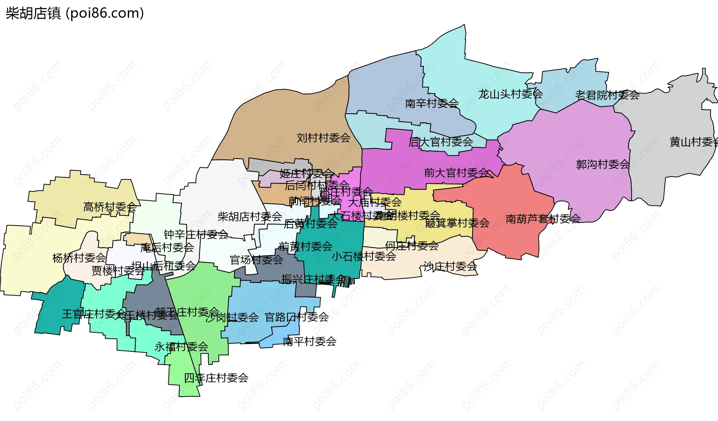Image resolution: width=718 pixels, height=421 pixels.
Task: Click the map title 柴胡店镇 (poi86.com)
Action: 75,13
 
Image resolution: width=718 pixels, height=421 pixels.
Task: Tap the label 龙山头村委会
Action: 510,94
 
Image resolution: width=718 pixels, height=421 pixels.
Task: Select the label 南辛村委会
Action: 432,103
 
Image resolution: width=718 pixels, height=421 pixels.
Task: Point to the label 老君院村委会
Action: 607,95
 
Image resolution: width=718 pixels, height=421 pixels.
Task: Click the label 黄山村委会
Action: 694,142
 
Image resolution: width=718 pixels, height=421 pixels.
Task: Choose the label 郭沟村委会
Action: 603,164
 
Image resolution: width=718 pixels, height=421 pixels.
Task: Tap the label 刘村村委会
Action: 323,138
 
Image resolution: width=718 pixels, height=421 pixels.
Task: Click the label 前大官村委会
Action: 456,173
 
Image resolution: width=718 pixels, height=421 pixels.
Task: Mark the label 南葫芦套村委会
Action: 543,219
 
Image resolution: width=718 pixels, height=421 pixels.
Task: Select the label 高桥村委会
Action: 110,207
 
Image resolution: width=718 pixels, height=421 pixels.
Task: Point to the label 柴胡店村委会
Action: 250,216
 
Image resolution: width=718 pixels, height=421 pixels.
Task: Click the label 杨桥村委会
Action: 79,258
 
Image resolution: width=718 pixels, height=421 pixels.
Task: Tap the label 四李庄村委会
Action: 216,378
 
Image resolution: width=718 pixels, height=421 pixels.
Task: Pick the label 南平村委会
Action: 310,341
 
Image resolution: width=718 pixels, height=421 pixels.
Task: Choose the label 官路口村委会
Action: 297,317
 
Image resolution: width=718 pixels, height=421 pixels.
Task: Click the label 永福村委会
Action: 181,347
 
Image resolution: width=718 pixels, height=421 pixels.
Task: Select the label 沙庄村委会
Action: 450,266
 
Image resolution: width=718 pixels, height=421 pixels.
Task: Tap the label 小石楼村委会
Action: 364,256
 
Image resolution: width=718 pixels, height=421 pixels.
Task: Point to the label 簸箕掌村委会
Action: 457,223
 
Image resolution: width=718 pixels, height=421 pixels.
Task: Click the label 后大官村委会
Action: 441,142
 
